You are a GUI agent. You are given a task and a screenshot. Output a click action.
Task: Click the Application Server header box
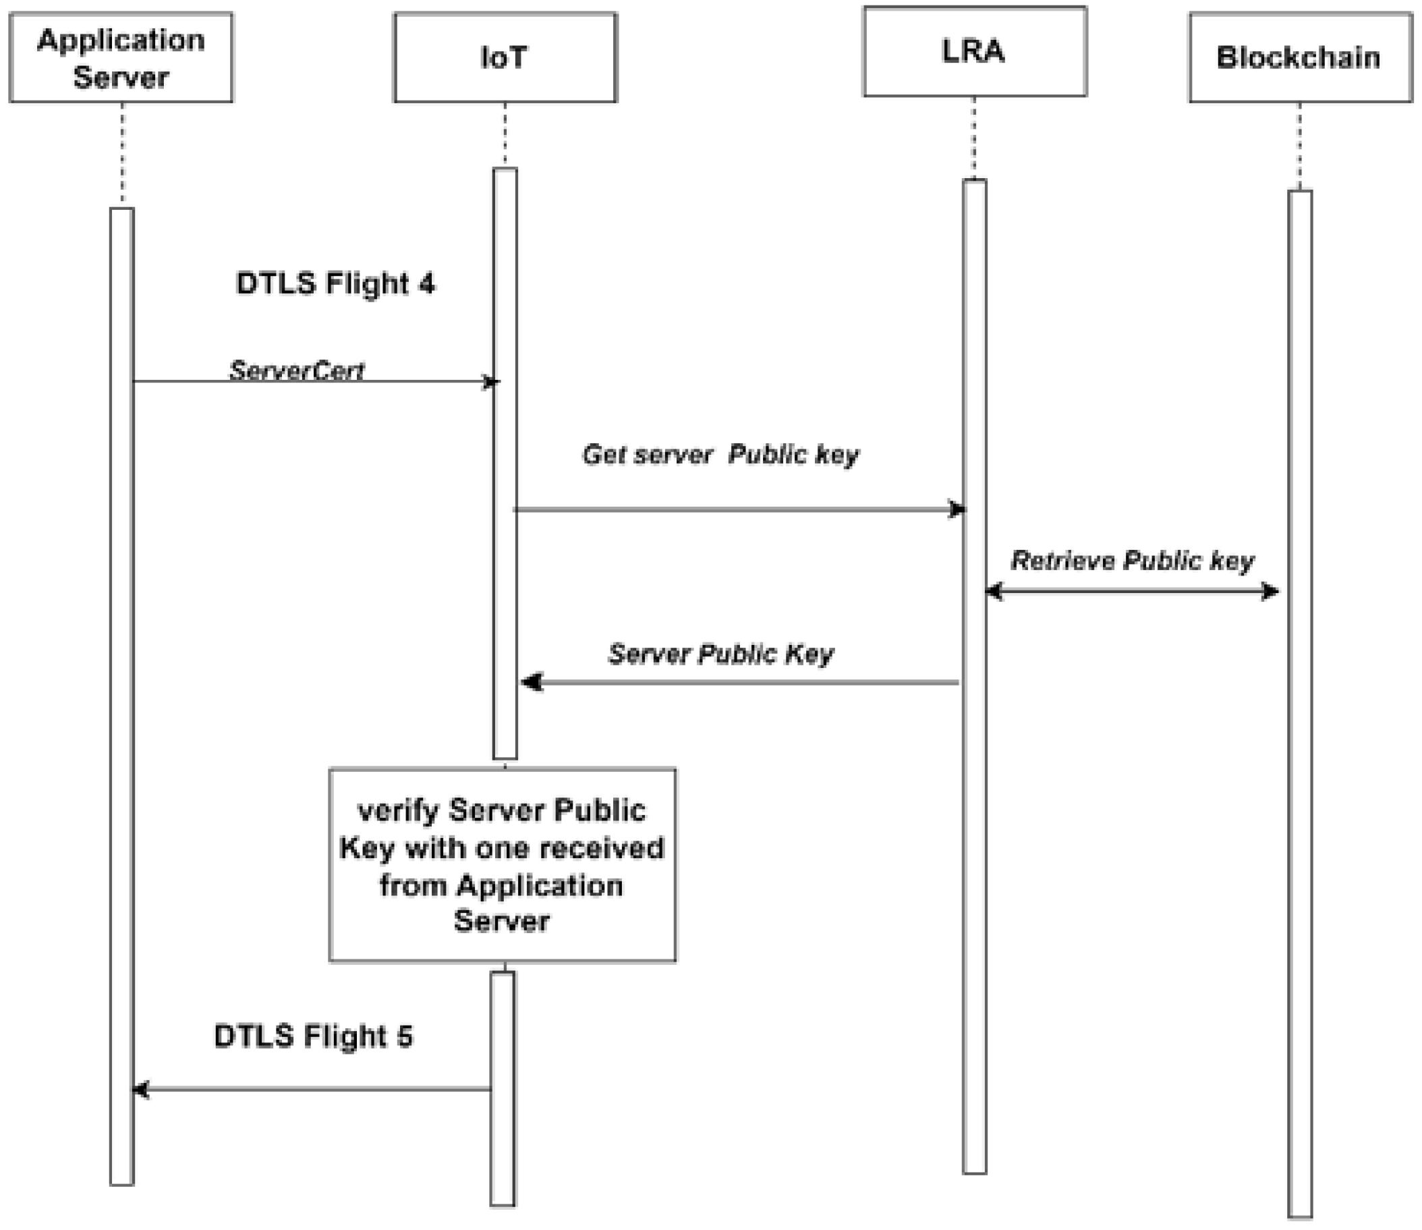click(121, 57)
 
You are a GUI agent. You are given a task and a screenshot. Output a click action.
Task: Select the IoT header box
click(505, 57)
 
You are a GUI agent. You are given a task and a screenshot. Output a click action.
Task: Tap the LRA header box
click(975, 51)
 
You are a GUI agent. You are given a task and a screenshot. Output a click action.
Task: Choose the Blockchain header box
click(1300, 57)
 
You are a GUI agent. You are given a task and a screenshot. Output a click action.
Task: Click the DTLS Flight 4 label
click(335, 283)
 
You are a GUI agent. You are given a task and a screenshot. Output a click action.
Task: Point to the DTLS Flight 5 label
click(314, 1036)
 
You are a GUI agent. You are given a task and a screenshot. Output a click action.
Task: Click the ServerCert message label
click(297, 370)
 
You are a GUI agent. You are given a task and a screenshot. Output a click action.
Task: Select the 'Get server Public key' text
click(720, 454)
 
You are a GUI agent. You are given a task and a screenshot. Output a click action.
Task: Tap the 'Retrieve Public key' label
click(1133, 561)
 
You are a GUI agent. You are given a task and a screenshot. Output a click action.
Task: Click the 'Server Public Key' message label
click(720, 653)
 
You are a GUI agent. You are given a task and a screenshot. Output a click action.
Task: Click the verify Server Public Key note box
click(503, 865)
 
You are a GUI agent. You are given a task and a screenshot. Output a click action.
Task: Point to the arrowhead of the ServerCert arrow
click(491, 382)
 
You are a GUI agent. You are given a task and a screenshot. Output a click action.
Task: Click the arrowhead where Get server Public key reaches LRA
click(957, 509)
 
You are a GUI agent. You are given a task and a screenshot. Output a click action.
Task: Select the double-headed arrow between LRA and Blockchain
click(1133, 591)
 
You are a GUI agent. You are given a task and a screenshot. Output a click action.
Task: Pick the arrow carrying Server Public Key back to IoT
click(741, 682)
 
